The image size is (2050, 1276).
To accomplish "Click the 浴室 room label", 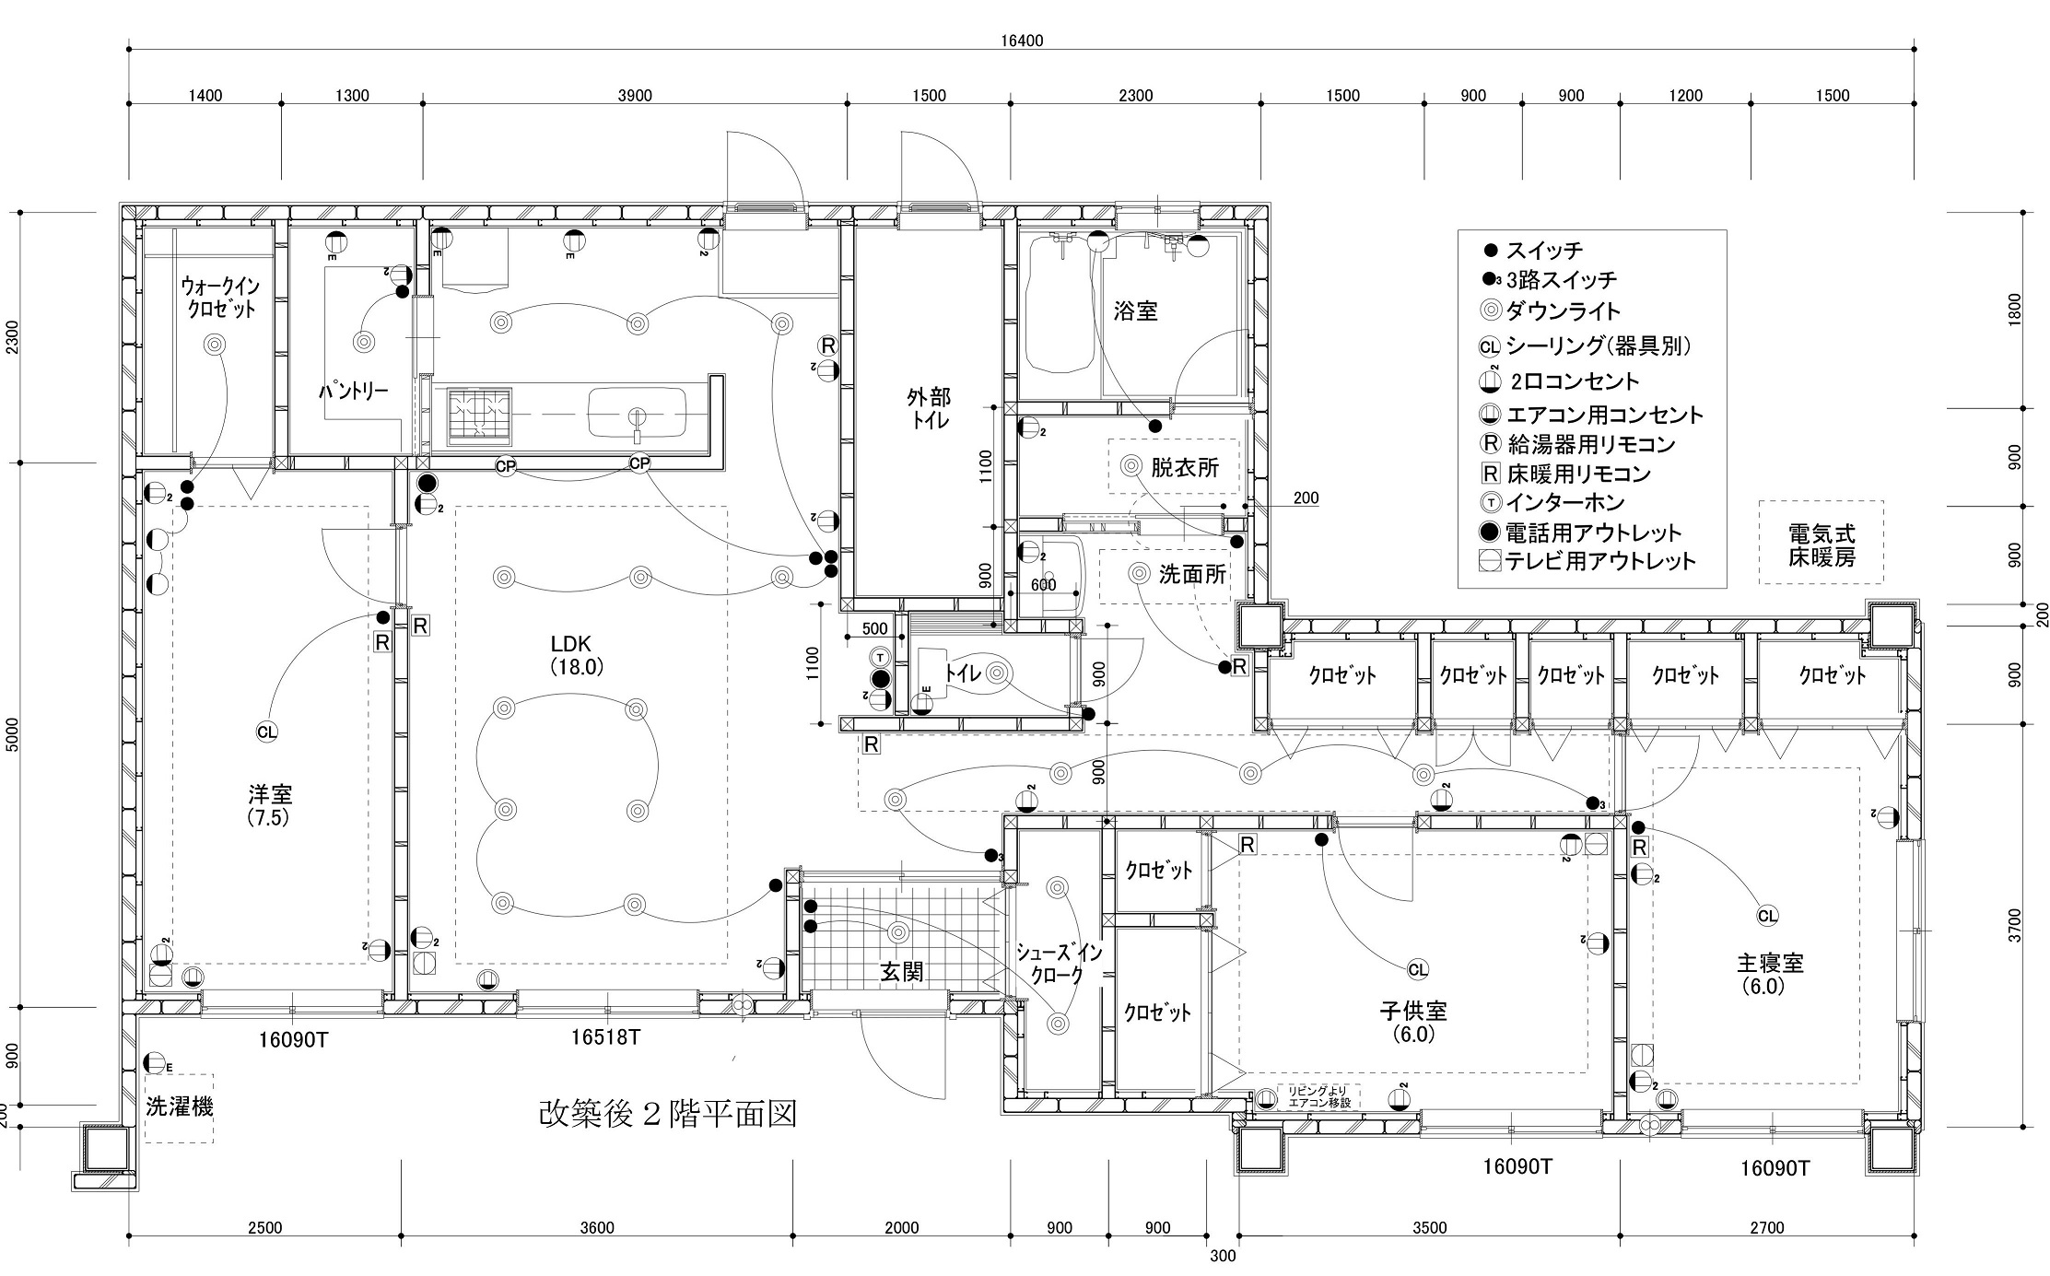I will tap(1135, 311).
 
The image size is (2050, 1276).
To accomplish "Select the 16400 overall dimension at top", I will tap(1022, 41).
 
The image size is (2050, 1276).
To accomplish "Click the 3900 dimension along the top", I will tap(635, 96).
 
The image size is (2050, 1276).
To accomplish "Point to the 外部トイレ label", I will tap(929, 408).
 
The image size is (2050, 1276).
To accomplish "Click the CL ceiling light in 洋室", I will tap(266, 732).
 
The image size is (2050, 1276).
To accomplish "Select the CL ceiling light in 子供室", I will tap(1418, 969).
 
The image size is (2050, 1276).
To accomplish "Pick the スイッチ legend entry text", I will tap(1544, 251).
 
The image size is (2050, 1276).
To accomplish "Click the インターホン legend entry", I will tap(1565, 503).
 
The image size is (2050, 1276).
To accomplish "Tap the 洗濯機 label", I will tap(180, 1107).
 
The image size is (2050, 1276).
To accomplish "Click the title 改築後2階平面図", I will tap(667, 1114).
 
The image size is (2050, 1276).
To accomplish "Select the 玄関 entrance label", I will tap(901, 972).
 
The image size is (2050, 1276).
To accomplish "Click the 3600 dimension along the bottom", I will tap(597, 1228).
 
